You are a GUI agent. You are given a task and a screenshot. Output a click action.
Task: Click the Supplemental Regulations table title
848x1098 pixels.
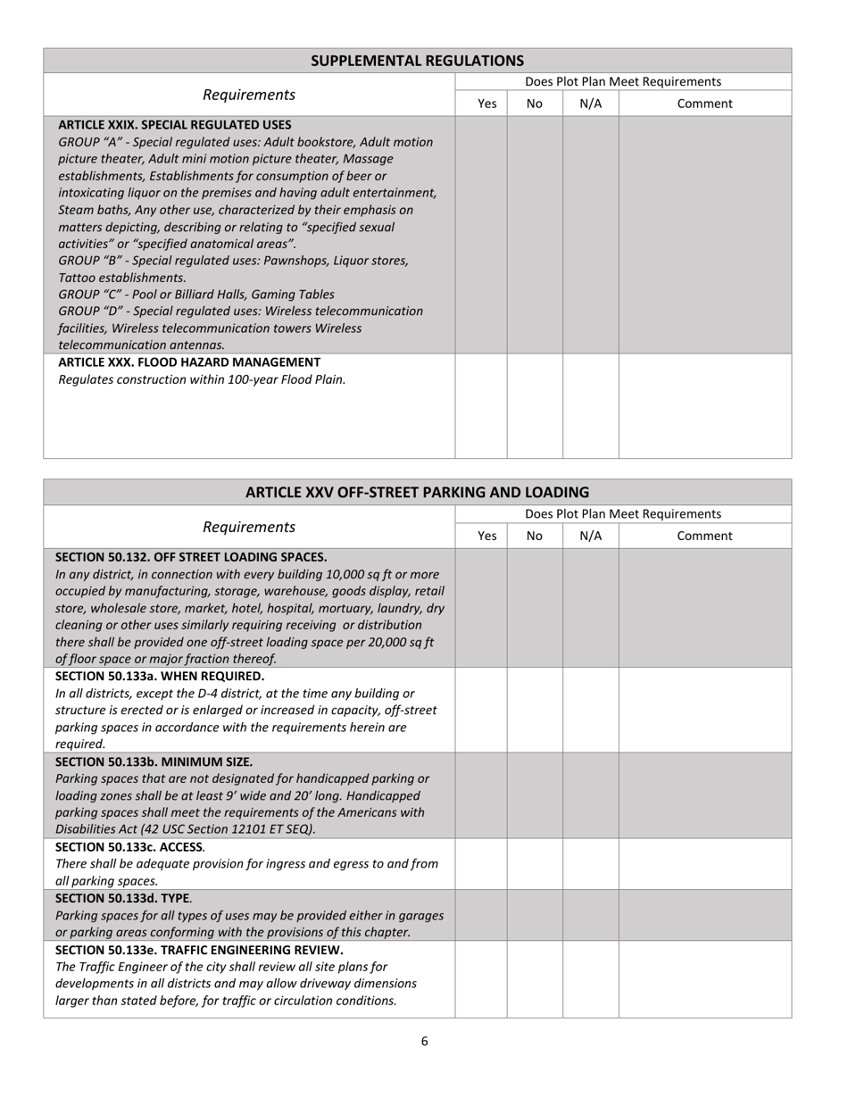tap(417, 61)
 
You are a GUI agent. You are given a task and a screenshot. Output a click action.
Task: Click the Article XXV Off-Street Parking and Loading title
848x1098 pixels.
tap(417, 492)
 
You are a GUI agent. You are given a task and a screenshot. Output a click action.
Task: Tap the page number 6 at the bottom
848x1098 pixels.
tap(424, 1041)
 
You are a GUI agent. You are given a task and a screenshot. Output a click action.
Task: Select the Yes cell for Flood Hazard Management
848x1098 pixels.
tap(481, 406)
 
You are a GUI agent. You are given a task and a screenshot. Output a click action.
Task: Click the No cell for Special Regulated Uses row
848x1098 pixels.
tap(535, 235)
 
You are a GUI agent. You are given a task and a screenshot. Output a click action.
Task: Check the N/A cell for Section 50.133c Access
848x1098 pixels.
tap(590, 863)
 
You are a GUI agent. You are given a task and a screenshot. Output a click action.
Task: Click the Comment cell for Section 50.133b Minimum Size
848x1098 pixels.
tap(704, 794)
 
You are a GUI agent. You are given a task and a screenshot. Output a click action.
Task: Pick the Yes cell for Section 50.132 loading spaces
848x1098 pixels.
tap(481, 608)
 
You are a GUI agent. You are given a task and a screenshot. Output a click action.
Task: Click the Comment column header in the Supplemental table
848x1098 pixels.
tap(704, 104)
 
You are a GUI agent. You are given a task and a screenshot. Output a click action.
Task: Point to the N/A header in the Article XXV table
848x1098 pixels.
tap(590, 536)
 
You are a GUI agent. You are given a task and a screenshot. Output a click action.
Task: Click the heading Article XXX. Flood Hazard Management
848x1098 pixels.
tap(189, 362)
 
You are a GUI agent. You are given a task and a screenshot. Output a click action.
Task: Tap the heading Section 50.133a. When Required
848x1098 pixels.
tap(160, 677)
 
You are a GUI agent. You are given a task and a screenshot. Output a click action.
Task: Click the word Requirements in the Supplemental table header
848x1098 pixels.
tap(249, 95)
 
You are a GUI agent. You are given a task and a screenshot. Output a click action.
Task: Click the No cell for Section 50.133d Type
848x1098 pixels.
tap(535, 915)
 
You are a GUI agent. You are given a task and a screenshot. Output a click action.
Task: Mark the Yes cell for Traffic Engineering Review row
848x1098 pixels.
tap(481, 978)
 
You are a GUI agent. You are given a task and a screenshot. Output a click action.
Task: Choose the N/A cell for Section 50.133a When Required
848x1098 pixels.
tap(590, 710)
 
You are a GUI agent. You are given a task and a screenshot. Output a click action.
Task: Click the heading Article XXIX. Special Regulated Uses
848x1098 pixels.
tap(174, 125)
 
